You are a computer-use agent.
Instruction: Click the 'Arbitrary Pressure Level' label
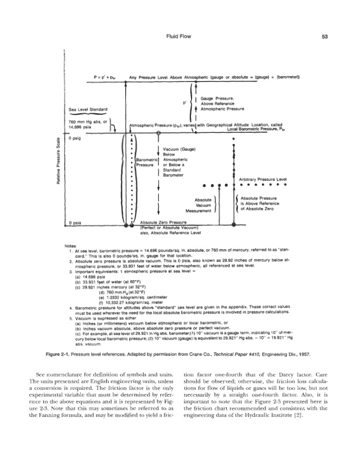[262, 180]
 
